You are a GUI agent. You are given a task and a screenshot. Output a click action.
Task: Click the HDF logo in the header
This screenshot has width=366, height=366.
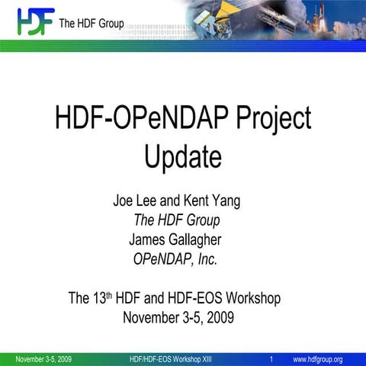pos(35,22)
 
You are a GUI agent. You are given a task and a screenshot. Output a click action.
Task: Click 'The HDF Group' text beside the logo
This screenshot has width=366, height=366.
pos(91,24)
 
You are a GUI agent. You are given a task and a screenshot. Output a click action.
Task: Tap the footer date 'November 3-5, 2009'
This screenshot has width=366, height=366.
pos(43,359)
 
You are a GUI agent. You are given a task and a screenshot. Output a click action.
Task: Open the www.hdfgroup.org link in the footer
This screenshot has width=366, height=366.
pos(317,359)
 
